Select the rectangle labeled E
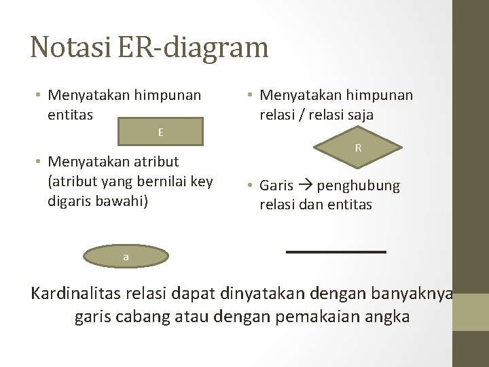tap(160, 132)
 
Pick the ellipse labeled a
tap(126, 256)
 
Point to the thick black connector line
tap(336, 252)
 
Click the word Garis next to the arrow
tap(276, 186)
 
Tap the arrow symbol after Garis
tap(305, 186)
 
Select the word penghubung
tap(359, 186)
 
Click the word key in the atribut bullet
tap(200, 181)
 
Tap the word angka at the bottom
tap(386, 316)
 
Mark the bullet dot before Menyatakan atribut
tap(40, 162)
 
